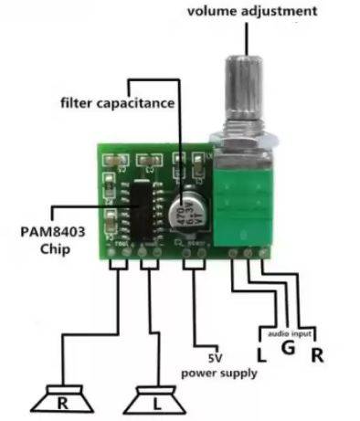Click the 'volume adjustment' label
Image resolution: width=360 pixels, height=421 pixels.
point(253,11)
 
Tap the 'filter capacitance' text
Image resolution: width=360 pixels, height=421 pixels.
point(117,102)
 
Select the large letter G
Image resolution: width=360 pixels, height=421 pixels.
point(287,351)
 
